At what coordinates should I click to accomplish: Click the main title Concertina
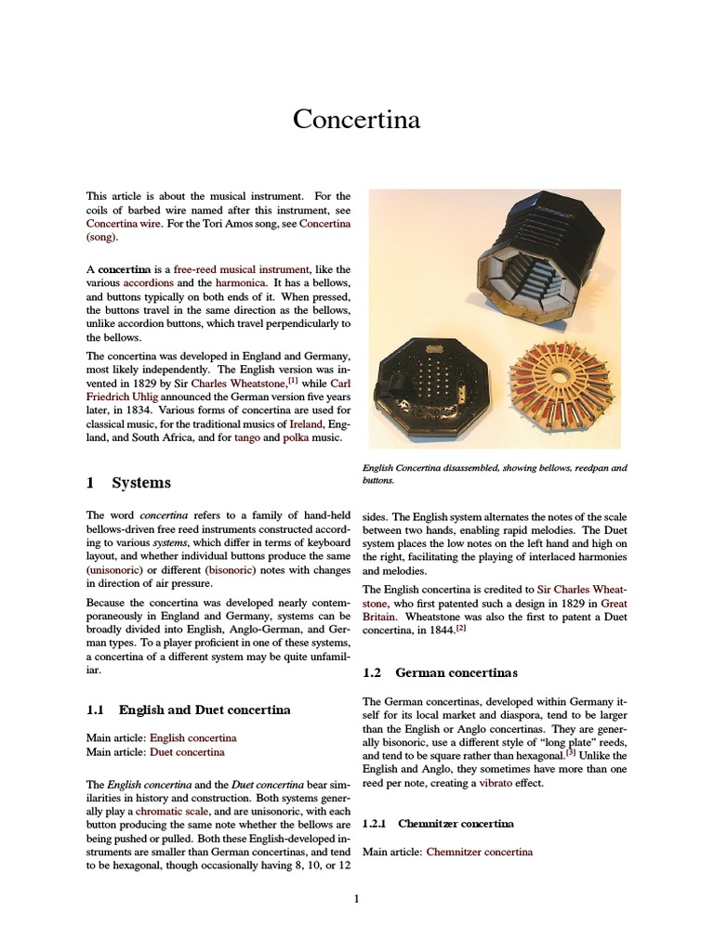pyautogui.click(x=357, y=120)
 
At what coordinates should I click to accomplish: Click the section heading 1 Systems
pyautogui.click(x=128, y=483)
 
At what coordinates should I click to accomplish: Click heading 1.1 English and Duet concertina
pyautogui.click(x=188, y=710)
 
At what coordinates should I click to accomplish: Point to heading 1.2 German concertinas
pyautogui.click(x=439, y=671)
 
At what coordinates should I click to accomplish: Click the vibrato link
pyautogui.click(x=496, y=783)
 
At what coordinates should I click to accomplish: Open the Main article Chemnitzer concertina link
pyautogui.click(x=479, y=852)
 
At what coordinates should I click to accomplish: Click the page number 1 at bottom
pyautogui.click(x=356, y=898)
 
